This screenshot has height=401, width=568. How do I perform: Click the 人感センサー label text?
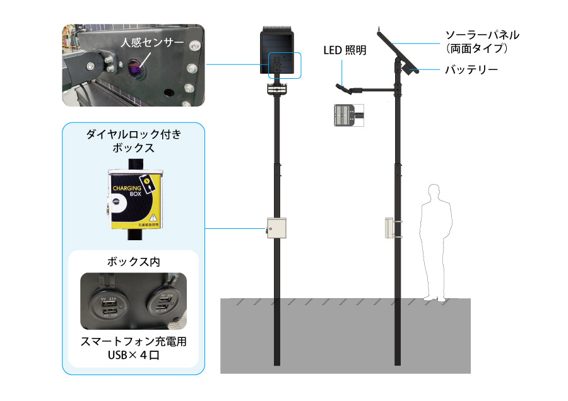tap(152, 43)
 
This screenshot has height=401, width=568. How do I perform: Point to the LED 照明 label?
tap(344, 50)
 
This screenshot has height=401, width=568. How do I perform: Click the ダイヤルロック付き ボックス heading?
tap(133, 141)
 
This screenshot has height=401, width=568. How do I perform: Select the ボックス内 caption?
tap(133, 260)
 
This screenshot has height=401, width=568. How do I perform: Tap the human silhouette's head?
tap(434, 192)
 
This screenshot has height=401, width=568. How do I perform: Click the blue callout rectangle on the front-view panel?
tap(285, 66)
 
